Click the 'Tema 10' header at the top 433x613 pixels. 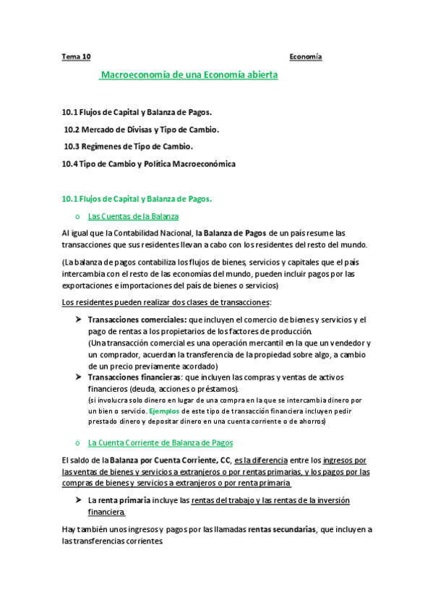coord(77,56)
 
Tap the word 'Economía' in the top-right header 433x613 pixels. coord(305,56)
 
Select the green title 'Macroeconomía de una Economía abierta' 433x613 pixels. coord(189,74)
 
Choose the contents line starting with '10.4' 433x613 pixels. coord(149,164)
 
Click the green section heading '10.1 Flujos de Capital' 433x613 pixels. coord(137,198)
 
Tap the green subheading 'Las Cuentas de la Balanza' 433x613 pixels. coord(133,216)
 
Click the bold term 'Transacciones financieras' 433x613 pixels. coord(134,377)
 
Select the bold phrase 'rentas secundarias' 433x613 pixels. coord(281,529)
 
